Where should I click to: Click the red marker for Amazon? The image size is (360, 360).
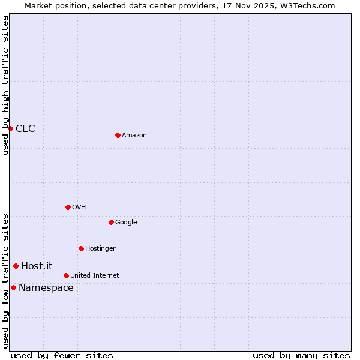point(118,135)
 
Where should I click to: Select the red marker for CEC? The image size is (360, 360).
point(10,128)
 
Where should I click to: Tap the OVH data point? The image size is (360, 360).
point(68,207)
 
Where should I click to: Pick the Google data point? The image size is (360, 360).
point(111,222)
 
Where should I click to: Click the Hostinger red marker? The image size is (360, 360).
point(81,248)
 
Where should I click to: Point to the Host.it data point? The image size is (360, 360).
point(16,266)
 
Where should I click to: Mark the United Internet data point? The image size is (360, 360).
point(66,275)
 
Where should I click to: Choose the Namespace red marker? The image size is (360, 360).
point(13,287)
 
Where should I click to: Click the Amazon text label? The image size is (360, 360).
point(134,136)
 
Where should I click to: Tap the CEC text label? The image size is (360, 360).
point(25,128)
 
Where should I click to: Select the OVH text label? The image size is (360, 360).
point(79,208)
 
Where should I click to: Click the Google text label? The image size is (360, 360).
point(126,223)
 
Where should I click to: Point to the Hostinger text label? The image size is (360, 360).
point(100,249)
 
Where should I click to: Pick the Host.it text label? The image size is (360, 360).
point(37,266)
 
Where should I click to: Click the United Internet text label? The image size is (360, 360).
point(94,276)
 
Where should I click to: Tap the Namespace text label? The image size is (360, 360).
point(46,287)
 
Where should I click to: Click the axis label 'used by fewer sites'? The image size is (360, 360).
point(62,355)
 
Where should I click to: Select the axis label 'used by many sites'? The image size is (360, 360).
point(301,355)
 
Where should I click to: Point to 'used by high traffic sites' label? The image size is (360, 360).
point(5,85)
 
